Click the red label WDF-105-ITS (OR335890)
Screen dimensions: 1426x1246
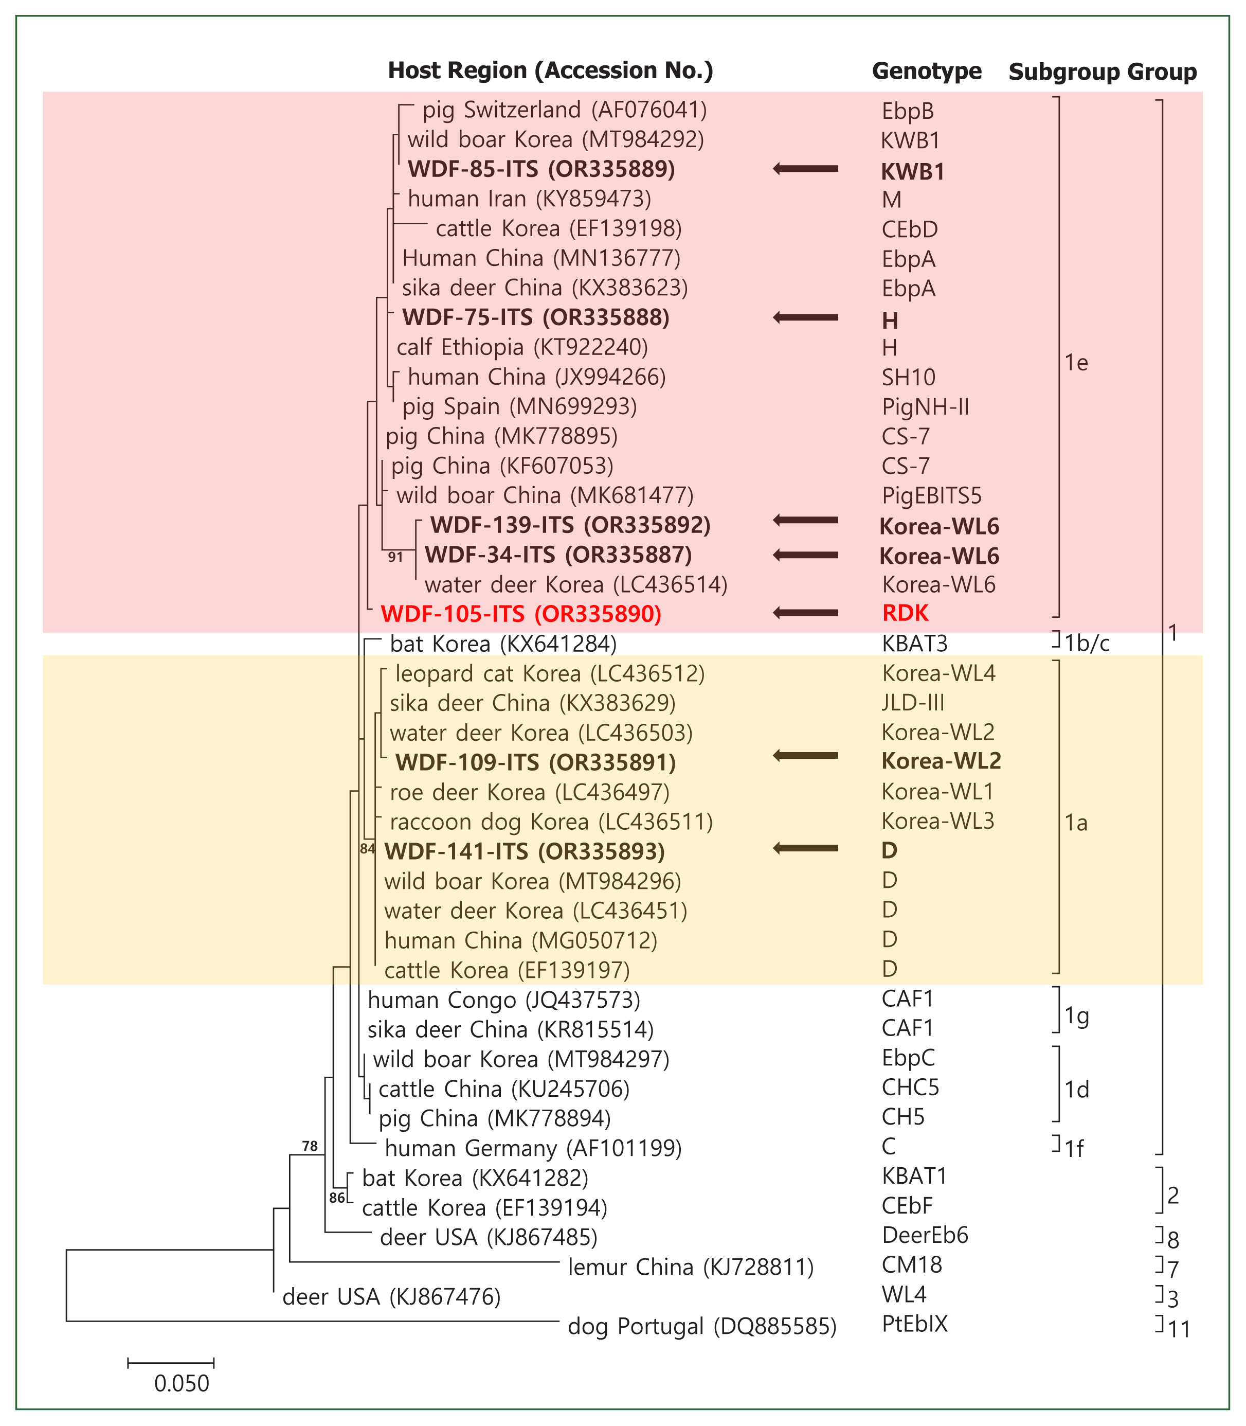tap(521, 614)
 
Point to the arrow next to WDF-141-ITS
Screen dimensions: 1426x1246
tap(806, 848)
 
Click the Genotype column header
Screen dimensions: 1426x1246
tap(926, 71)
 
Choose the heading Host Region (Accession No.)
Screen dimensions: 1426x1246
tap(550, 70)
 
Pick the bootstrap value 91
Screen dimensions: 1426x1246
tap(395, 557)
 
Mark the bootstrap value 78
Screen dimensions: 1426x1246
tap(310, 1146)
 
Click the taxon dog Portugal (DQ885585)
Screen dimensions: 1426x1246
tap(701, 1327)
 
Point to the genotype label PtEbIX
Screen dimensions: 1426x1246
tap(914, 1323)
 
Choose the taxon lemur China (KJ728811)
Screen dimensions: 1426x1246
tap(691, 1268)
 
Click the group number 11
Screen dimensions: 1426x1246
tap(1179, 1329)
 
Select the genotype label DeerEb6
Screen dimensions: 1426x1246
tap(925, 1235)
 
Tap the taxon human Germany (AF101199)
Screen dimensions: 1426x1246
tap(533, 1148)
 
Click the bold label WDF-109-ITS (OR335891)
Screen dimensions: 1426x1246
tap(535, 763)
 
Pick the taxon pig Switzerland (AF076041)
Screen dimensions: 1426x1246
tap(565, 110)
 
